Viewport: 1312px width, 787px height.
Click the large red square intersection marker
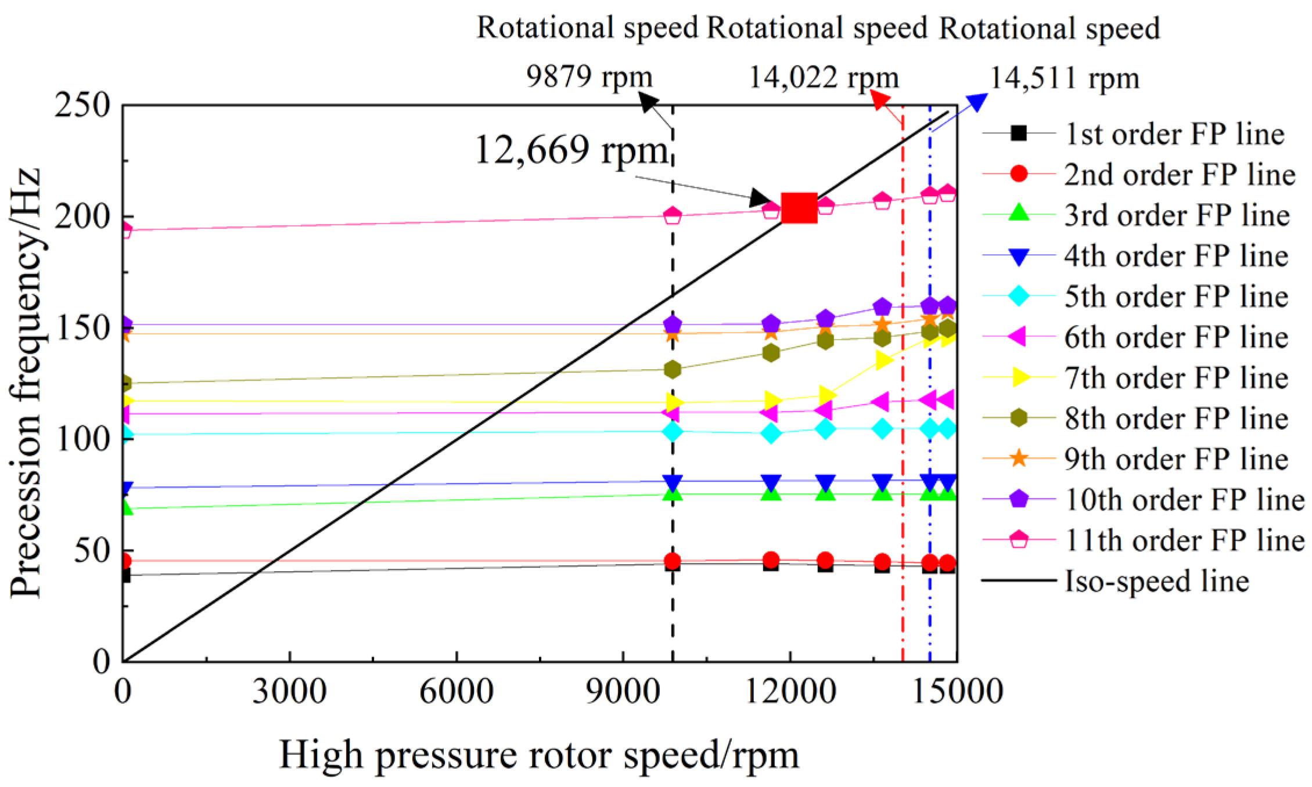[x=799, y=208]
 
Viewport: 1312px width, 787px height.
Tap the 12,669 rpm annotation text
[x=571, y=150]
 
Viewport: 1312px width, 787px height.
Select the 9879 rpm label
[x=589, y=77]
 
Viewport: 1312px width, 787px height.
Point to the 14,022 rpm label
[x=823, y=77]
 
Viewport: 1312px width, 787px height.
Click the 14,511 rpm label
[x=1064, y=78]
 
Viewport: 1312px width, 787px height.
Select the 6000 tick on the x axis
[x=456, y=691]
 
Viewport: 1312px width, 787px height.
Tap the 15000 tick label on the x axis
[x=958, y=691]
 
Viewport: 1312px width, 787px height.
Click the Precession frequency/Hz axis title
[x=26, y=383]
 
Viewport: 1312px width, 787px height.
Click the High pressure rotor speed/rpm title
[x=539, y=755]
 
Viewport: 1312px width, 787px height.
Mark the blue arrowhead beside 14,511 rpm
[x=977, y=102]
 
